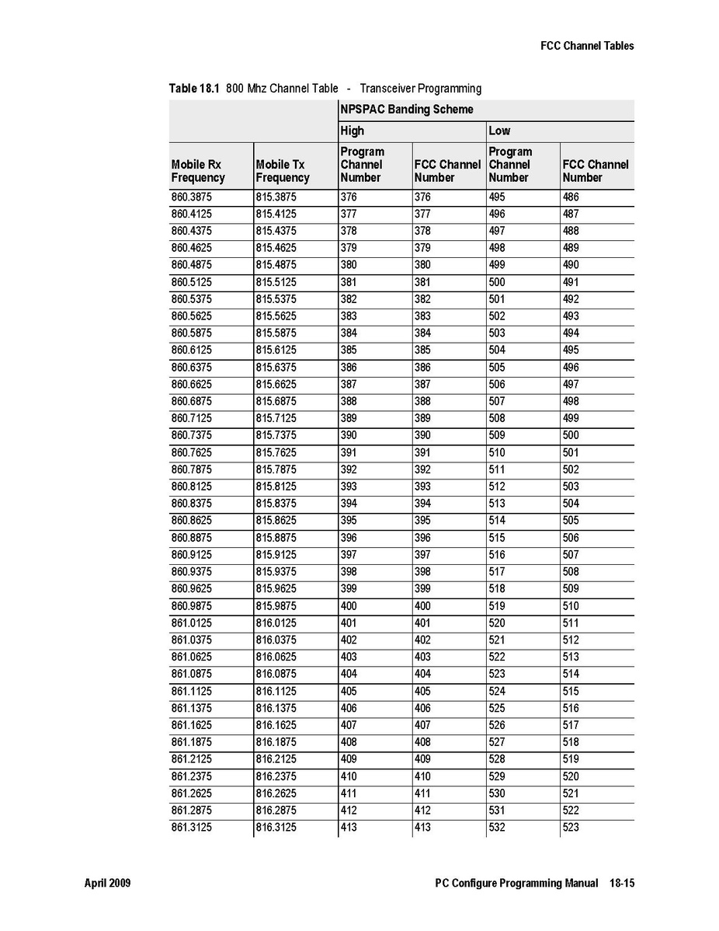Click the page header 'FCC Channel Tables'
587,46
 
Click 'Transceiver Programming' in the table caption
420,89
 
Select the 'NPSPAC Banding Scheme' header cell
406,110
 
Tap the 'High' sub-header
352,131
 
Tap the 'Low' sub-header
499,131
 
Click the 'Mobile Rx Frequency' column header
198,171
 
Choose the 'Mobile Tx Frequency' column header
282,171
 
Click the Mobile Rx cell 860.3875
191,197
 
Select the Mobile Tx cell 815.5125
276,282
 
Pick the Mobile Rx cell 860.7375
191,435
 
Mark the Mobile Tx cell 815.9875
276,606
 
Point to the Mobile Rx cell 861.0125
191,623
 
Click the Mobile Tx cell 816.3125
276,828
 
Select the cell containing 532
496,828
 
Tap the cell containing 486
571,197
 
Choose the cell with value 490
571,265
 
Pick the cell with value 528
496,759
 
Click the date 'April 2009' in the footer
107,884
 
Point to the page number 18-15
620,884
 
